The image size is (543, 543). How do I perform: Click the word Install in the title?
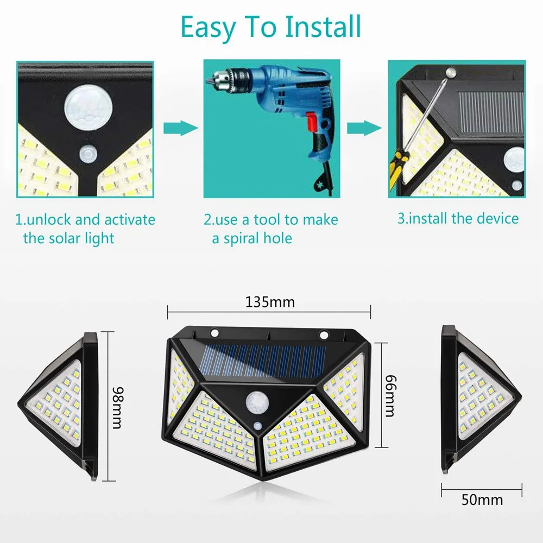323,27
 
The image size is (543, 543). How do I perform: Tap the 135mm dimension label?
270,302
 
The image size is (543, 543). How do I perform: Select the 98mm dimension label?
118,408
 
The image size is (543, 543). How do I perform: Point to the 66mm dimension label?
390,395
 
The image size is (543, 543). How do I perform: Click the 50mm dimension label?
482,500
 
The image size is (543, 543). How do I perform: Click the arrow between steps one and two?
180,128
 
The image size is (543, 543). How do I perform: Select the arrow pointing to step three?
364,128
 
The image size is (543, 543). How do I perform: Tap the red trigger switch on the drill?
312,122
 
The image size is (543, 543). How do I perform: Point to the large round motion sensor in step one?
89,106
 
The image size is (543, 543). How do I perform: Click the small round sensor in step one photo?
88,154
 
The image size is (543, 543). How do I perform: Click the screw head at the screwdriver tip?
451,73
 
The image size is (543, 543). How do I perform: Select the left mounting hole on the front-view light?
214,333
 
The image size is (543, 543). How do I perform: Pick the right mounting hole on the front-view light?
324,335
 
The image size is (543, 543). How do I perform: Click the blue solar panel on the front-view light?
264,361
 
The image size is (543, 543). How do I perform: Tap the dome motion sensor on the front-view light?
257,403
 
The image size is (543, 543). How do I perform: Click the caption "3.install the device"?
458,218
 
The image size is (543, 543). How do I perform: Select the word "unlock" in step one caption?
49,220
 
